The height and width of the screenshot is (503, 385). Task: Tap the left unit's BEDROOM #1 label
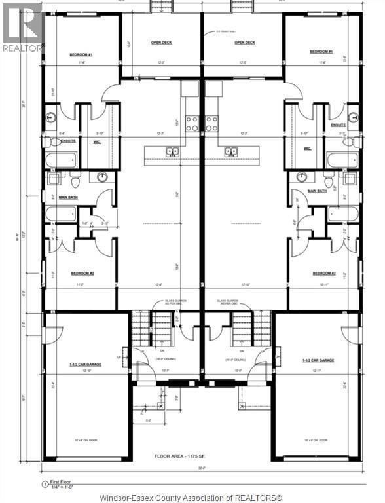pyautogui.click(x=82, y=54)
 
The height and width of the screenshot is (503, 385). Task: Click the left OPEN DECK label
pyautogui.click(x=162, y=43)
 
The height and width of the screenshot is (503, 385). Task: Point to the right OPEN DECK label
pyautogui.click(x=245, y=43)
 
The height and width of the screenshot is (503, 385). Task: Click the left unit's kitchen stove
pyautogui.click(x=192, y=123)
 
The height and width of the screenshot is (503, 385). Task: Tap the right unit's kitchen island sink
pyautogui.click(x=231, y=152)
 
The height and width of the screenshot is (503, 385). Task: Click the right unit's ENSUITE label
pyautogui.click(x=338, y=124)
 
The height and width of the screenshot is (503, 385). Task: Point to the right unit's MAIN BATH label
pyautogui.click(x=317, y=191)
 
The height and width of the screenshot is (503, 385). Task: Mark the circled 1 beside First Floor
pyautogui.click(x=44, y=485)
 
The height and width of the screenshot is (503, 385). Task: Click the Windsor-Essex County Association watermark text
pyautogui.click(x=192, y=497)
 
